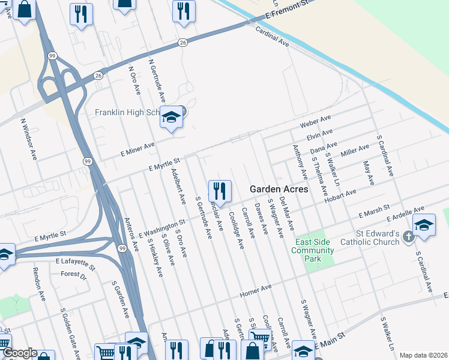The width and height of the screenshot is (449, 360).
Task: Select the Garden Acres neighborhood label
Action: [x=279, y=189]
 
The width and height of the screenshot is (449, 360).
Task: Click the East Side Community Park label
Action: [x=313, y=250]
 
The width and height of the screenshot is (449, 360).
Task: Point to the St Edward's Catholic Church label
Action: [x=369, y=238]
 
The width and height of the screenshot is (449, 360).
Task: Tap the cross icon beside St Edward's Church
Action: [x=408, y=237]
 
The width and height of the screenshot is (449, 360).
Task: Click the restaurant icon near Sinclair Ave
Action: [x=219, y=191]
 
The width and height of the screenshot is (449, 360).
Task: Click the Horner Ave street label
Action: [x=256, y=291]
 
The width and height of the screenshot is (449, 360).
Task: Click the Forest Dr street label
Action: [x=74, y=274]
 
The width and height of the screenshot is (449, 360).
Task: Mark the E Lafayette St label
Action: [x=75, y=262]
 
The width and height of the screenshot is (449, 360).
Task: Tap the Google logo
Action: [x=19, y=353]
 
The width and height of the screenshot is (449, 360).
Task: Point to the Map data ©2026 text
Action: [x=423, y=355]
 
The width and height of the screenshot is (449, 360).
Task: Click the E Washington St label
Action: [x=162, y=229]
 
